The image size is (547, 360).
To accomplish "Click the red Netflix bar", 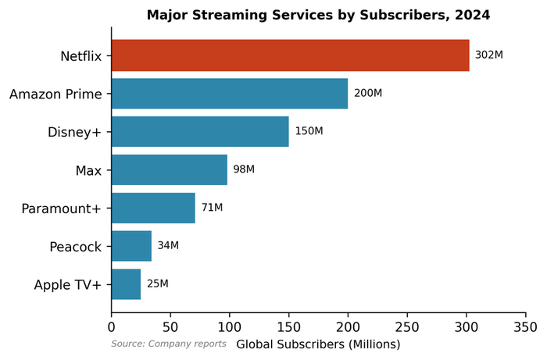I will coord(291,56).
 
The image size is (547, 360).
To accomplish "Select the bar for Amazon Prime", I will coord(230,94).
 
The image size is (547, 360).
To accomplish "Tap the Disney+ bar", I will coord(200,131).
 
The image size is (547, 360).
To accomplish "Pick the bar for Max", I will coord(170,169).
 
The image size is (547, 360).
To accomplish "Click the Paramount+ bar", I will coord(153,208).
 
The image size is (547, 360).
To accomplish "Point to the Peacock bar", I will coord(131,246).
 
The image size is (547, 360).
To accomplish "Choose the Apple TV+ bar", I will coord(126,284).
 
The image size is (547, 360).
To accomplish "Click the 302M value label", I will coord(488,55).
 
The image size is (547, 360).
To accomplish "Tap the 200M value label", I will coord(367,94).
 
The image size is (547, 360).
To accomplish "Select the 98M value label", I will coord(244,169).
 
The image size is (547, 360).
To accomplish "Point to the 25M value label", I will coord(157,283).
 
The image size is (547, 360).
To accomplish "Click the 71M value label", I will coord(212,208).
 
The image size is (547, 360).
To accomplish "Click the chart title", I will coord(318,16).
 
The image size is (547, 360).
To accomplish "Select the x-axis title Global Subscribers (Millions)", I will coord(318,344).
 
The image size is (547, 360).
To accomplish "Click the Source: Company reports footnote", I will coord(169,344).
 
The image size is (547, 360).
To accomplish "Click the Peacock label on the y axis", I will coord(75,247).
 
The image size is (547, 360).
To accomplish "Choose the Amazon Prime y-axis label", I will coord(55,94).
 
